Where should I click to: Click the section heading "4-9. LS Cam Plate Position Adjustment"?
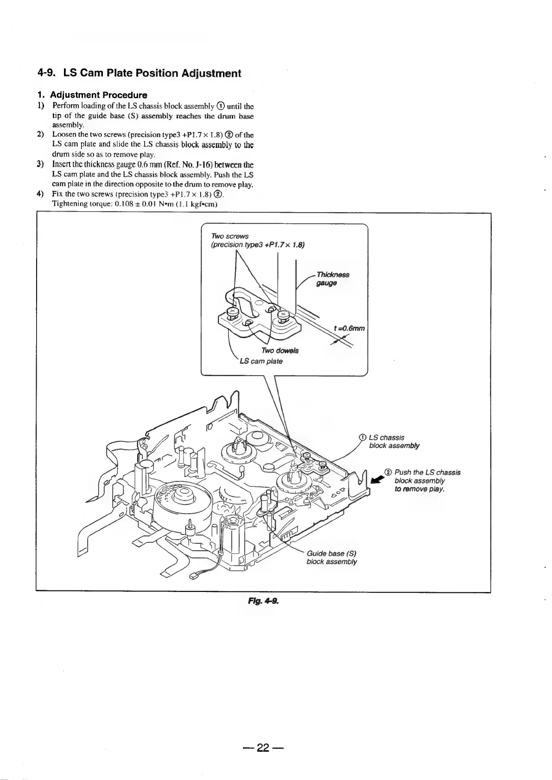click(139, 73)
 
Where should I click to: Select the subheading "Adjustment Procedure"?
click(98, 95)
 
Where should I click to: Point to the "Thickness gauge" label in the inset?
click(332, 279)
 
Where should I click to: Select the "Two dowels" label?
click(280, 350)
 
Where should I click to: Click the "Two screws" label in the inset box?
click(230, 236)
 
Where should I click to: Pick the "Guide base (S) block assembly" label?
click(331, 558)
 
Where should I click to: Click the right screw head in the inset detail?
click(281, 316)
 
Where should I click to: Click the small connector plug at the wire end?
click(194, 576)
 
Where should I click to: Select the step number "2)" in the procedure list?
click(40, 135)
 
